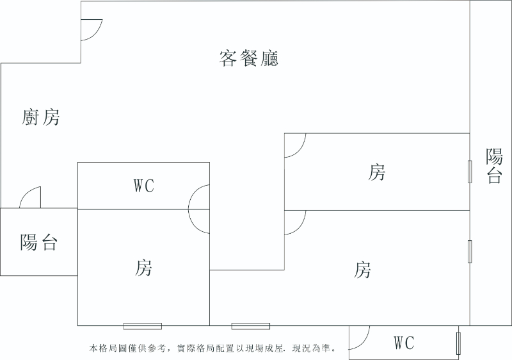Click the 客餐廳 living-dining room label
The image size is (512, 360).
pos(249,58)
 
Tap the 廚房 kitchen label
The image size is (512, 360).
pos(41,117)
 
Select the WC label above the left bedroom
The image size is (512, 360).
pos(143,186)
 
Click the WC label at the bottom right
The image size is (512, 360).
pos(403,343)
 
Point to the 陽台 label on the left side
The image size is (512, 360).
pos(39,243)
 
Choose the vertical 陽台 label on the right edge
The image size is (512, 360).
pos(494,167)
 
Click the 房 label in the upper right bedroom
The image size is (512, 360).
pos(377,172)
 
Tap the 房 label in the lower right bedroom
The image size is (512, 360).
pos(362,270)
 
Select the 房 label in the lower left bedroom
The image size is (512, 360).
pos(143,268)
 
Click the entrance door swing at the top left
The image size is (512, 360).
pos(91,29)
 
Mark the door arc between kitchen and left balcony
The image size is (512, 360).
pos(31,198)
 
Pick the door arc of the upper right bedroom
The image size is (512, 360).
pos(295,145)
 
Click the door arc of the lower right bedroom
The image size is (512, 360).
pos(295,222)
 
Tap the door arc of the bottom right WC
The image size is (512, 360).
pos(360,337)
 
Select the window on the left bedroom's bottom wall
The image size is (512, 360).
pos(142,326)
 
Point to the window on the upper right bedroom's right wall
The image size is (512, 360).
pos(470,172)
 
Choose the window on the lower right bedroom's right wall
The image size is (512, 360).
pos(470,250)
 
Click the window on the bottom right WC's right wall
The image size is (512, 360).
pos(458,343)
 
